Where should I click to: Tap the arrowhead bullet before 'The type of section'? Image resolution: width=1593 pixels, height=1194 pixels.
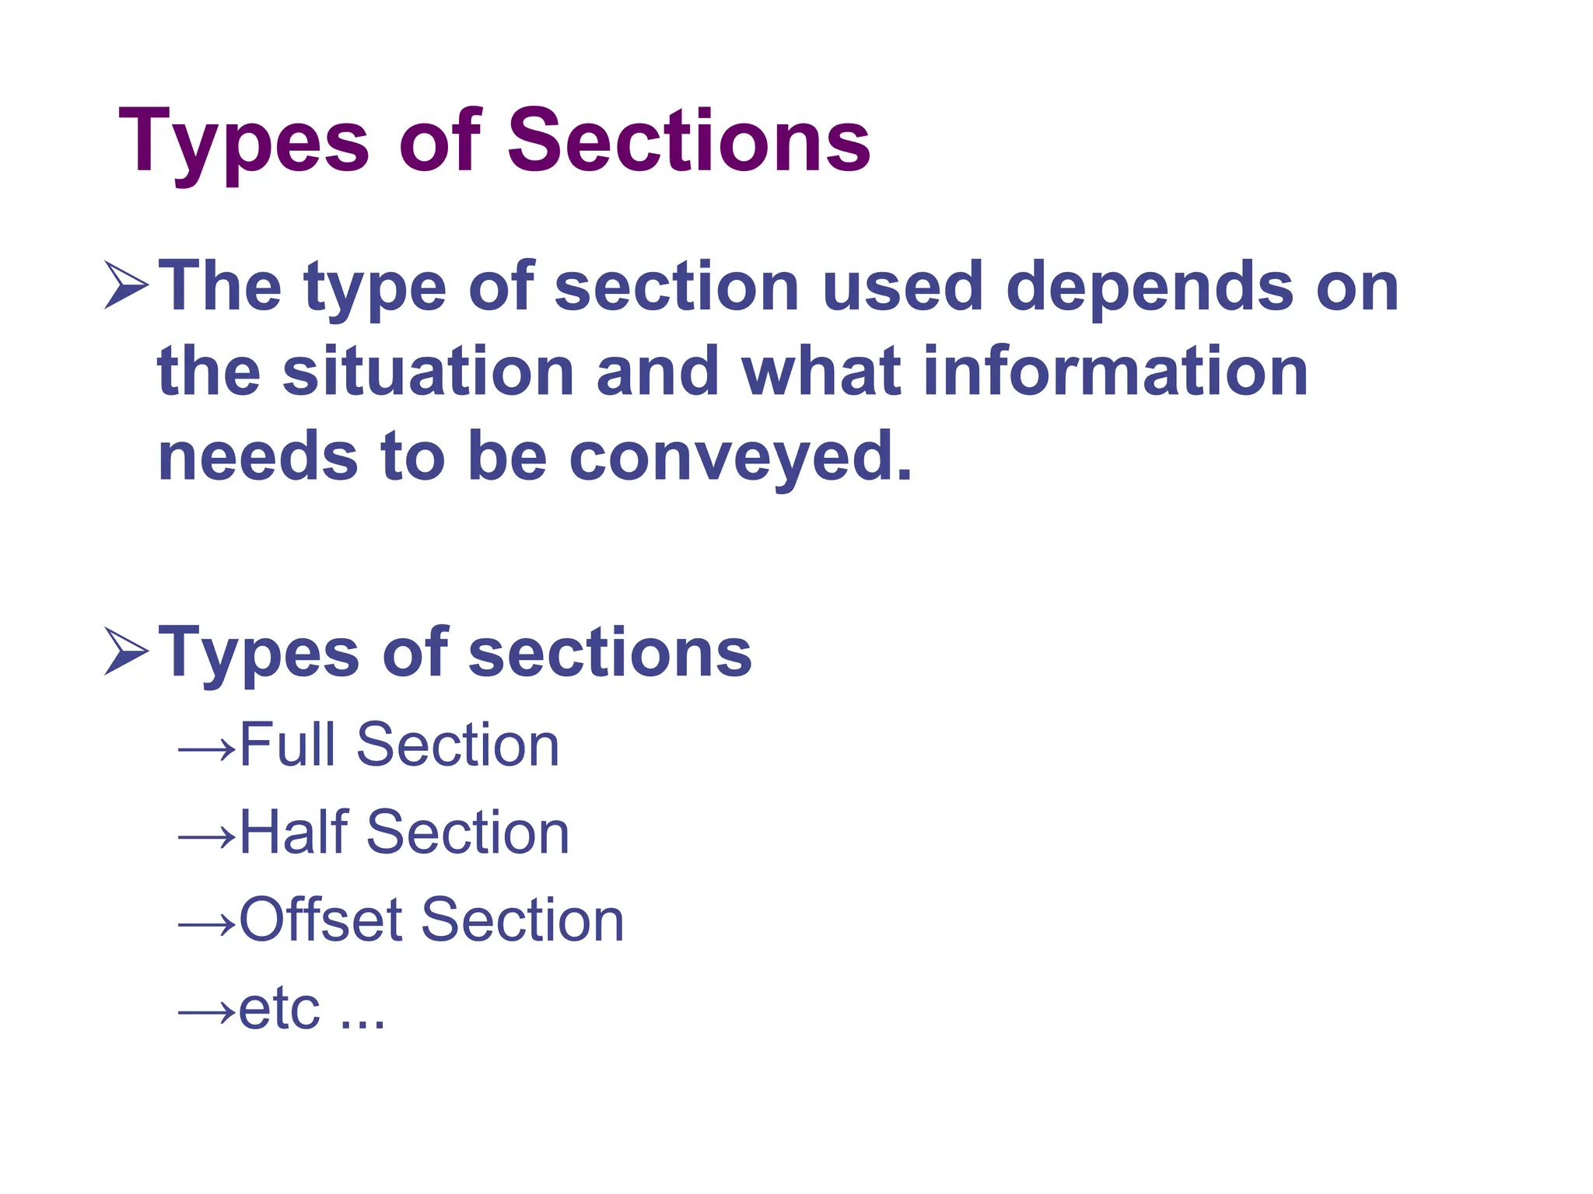tap(126, 286)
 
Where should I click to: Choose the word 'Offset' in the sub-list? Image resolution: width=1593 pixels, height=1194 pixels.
tap(321, 920)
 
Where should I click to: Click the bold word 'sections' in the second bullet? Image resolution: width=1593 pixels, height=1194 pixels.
tap(610, 653)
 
